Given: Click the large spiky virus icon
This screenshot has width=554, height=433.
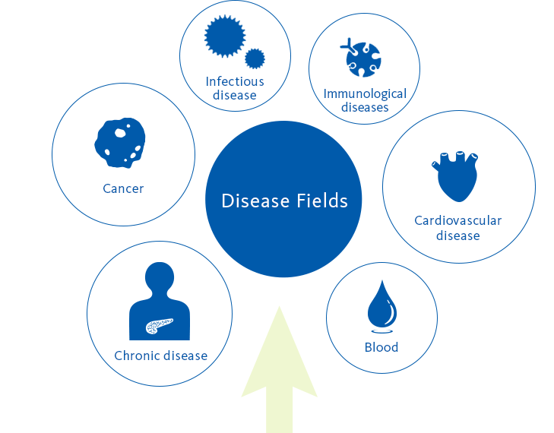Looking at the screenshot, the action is coord(225,36).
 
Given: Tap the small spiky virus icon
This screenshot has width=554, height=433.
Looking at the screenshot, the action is coord(255,58).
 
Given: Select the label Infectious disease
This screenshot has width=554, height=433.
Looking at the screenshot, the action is coord(235,88).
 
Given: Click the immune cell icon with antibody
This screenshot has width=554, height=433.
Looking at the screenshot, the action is coord(361,58).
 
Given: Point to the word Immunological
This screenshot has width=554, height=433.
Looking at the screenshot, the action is coord(365,94).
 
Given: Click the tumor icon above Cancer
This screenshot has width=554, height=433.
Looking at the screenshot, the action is coord(120,143).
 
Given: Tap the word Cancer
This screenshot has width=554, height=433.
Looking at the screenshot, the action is coord(123,188).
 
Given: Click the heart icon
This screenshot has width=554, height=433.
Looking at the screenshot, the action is coord(455,176).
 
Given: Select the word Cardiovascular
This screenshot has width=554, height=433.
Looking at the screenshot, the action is coord(458,221).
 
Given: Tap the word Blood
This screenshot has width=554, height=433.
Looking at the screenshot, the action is coord(381,347).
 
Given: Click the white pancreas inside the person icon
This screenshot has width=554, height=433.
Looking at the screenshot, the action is coord(160,326).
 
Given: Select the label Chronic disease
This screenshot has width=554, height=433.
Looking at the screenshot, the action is coord(161,356).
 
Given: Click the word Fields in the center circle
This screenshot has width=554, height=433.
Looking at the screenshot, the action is coord(322,201).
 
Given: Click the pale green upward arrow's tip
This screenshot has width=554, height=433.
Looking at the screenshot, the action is coord(280,307).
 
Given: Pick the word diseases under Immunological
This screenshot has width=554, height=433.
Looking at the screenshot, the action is coord(365,107).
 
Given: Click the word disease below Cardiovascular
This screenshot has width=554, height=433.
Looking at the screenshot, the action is coord(458,235).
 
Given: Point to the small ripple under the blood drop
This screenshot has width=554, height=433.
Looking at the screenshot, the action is coord(382,331).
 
